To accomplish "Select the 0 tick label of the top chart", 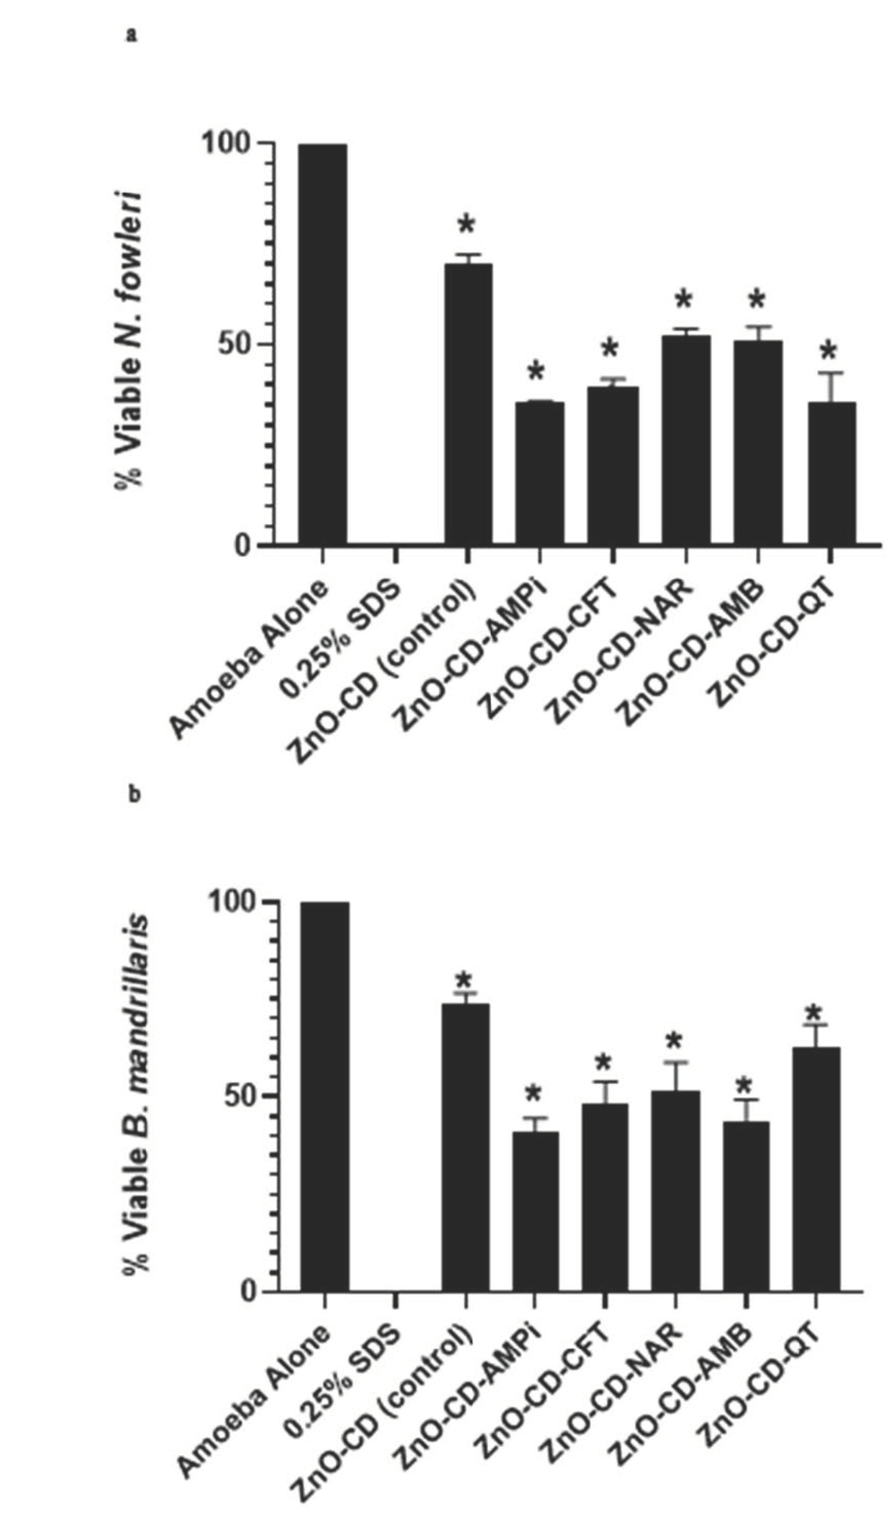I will (243, 545).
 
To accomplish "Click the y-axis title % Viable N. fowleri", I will (129, 340).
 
